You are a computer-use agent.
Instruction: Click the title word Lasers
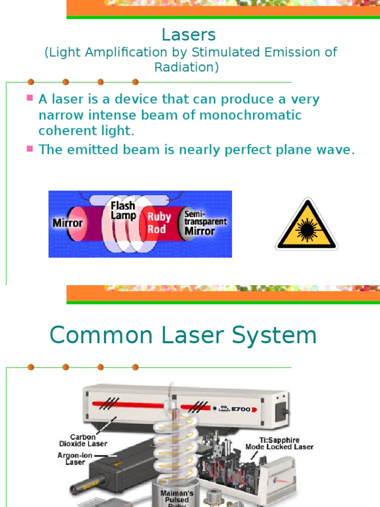click(x=189, y=35)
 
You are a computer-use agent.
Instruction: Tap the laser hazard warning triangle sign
click(x=307, y=225)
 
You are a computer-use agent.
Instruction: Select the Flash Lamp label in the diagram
click(x=123, y=210)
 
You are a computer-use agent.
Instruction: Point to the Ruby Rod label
click(x=159, y=223)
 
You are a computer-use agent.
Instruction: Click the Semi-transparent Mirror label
click(x=205, y=222)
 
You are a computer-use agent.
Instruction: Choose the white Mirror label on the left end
click(x=68, y=223)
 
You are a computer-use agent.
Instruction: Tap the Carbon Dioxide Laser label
click(x=84, y=440)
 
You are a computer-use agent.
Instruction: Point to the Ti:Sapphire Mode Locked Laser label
click(x=280, y=443)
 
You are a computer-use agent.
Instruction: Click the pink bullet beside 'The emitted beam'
click(x=30, y=149)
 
